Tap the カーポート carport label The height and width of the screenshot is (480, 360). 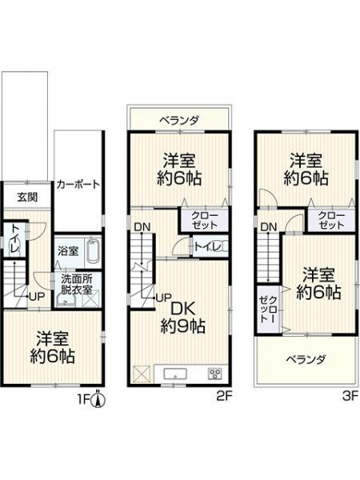coord(78,184)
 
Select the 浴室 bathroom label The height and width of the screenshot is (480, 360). coord(68,250)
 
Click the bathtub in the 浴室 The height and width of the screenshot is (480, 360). coord(92,254)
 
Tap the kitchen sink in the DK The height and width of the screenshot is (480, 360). coord(174,374)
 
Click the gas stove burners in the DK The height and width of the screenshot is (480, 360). coord(214,374)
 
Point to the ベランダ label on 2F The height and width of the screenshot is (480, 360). coord(178,120)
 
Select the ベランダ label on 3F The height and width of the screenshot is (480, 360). coord(306,359)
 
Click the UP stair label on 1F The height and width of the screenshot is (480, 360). coord(36,297)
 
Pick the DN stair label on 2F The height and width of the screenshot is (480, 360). coord(142,227)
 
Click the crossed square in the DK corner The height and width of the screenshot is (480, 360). coord(142,374)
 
